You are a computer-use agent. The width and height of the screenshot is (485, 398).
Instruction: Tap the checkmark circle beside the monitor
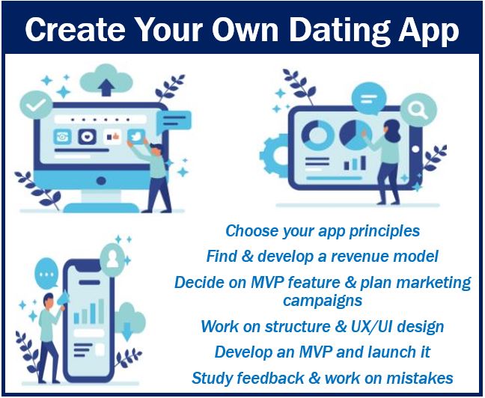click(x=36, y=105)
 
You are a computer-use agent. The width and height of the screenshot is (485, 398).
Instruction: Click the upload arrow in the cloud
click(x=106, y=88)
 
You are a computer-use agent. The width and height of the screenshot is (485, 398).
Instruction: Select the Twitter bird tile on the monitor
click(x=136, y=136)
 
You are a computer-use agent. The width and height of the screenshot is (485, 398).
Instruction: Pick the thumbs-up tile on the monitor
click(x=112, y=137)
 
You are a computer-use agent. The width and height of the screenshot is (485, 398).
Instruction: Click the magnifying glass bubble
click(x=418, y=109)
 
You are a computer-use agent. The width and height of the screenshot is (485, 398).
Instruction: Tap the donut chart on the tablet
click(x=317, y=135)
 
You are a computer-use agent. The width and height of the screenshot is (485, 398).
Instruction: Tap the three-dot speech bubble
click(x=46, y=275)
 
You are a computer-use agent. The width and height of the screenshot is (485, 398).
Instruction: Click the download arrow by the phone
click(x=126, y=331)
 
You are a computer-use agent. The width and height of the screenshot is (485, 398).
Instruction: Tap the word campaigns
click(x=323, y=300)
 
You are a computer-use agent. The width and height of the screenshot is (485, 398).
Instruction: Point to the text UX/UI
click(x=371, y=327)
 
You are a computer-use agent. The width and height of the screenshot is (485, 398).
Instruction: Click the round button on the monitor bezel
click(x=101, y=181)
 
